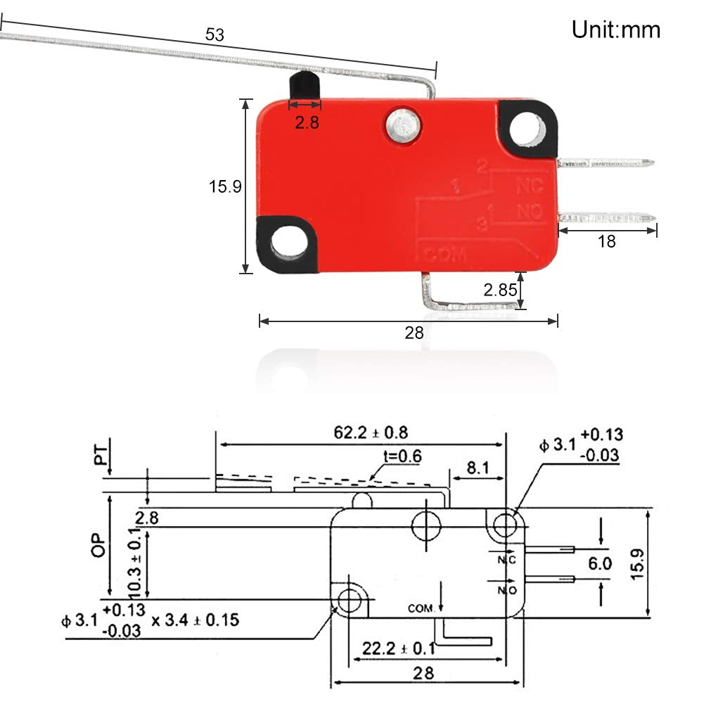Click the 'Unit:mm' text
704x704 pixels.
coord(615,30)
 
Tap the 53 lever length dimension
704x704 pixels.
coord(215,34)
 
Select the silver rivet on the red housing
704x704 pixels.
coord(401,124)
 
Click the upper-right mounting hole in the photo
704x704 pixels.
coord(529,129)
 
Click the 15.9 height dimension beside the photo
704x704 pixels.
coord(225,187)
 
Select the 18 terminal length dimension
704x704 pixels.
coord(606,241)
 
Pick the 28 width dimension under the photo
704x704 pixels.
coord(414,333)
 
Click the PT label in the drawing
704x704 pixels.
coord(103,456)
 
